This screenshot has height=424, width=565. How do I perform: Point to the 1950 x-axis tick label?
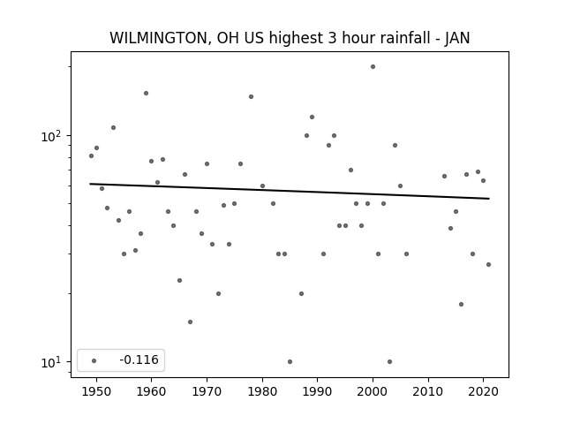click(x=96, y=391)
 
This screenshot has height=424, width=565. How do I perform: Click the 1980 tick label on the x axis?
click(x=262, y=391)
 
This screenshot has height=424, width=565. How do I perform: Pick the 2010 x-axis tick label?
click(x=428, y=391)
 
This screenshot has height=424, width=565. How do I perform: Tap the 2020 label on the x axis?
click(x=484, y=391)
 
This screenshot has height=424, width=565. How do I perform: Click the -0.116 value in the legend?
click(x=139, y=360)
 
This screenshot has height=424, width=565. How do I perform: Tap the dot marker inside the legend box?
click(x=94, y=360)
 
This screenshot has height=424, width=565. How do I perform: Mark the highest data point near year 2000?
click(x=373, y=67)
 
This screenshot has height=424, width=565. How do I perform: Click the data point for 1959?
click(x=146, y=94)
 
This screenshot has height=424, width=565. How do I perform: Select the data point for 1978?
click(x=251, y=96)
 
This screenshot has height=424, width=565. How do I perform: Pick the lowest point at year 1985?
click(x=290, y=361)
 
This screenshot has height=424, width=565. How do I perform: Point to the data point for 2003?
click(x=389, y=361)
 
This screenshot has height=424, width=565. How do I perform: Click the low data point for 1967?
click(x=191, y=322)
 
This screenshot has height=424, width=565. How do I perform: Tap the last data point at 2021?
click(x=488, y=265)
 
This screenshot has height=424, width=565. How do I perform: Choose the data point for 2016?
click(x=461, y=304)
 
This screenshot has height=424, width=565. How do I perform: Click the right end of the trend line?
click(x=489, y=199)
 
